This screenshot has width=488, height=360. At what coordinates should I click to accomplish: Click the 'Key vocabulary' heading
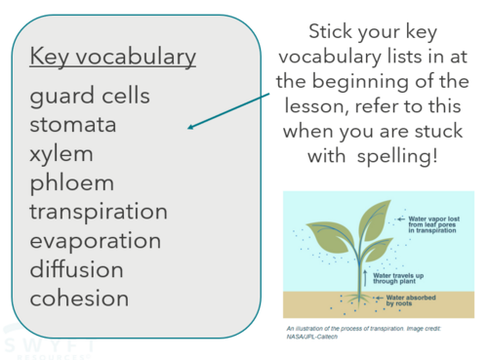(x=113, y=57)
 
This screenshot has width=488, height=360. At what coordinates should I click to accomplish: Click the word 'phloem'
(x=72, y=182)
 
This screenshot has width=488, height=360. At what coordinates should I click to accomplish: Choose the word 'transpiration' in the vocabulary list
(x=99, y=212)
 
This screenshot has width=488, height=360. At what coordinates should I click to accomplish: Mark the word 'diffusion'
(x=77, y=268)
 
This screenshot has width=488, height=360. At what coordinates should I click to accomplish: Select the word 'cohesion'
(x=79, y=298)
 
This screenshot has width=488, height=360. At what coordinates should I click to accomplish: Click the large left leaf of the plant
(x=329, y=237)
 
